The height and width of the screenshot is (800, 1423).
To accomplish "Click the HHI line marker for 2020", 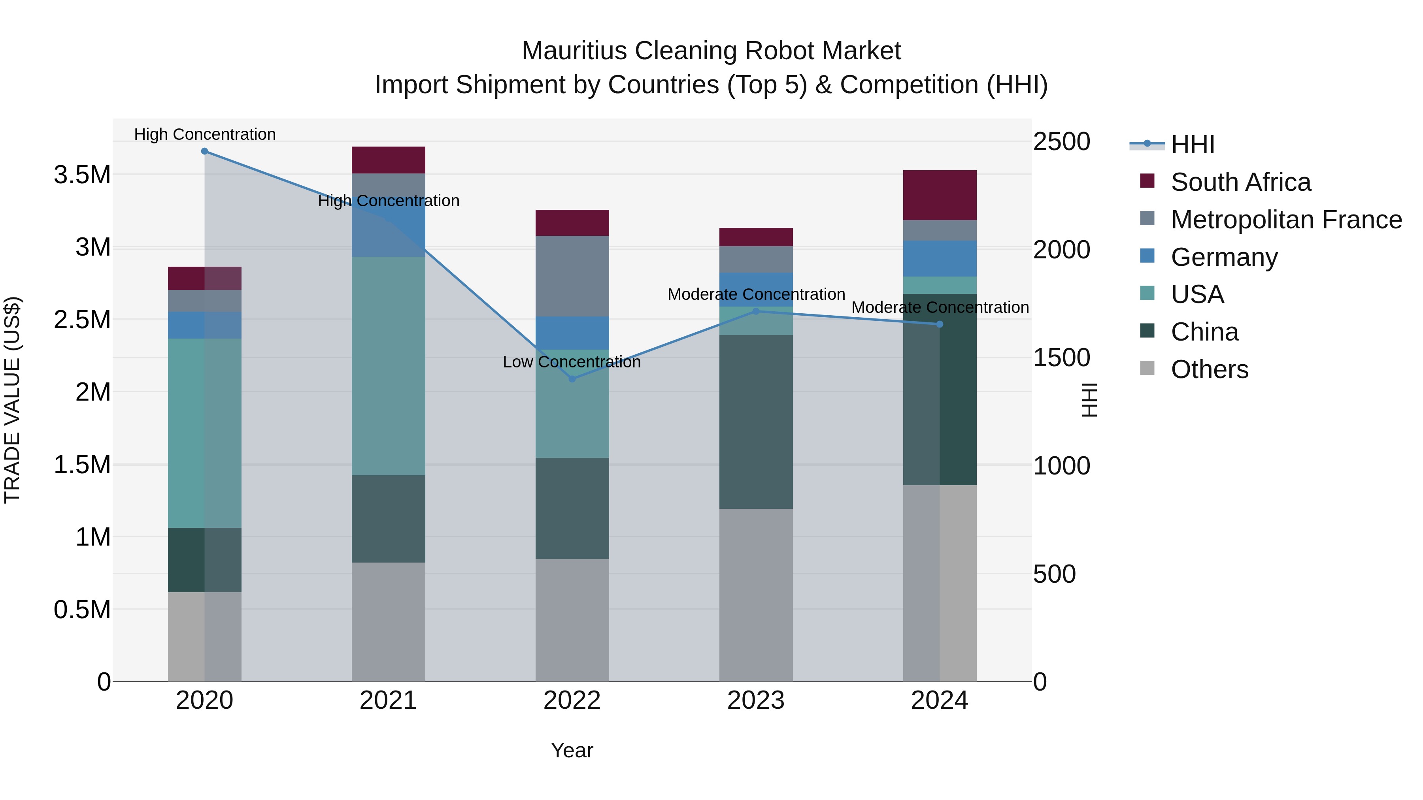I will pyautogui.click(x=204, y=151).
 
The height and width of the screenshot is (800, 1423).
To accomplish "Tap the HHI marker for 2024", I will pyautogui.click(x=940, y=324).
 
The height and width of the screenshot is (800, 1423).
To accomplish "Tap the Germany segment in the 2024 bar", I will pyautogui.click(x=940, y=258).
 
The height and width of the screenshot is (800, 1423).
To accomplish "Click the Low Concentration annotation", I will pyautogui.click(x=572, y=362).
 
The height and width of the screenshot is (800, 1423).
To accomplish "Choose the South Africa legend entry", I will pyautogui.click(x=1240, y=182).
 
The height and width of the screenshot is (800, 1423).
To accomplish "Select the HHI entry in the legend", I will pyautogui.click(x=1192, y=145).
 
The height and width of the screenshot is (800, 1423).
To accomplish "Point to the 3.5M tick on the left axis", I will pyautogui.click(x=82, y=175).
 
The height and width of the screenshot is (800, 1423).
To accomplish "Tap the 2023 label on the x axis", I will pyautogui.click(x=756, y=700).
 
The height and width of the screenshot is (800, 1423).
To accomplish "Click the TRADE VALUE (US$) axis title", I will pyautogui.click(x=12, y=400).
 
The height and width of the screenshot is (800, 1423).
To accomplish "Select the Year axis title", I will pyautogui.click(x=572, y=750).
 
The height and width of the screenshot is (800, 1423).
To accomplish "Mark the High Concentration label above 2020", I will pyautogui.click(x=204, y=134).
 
